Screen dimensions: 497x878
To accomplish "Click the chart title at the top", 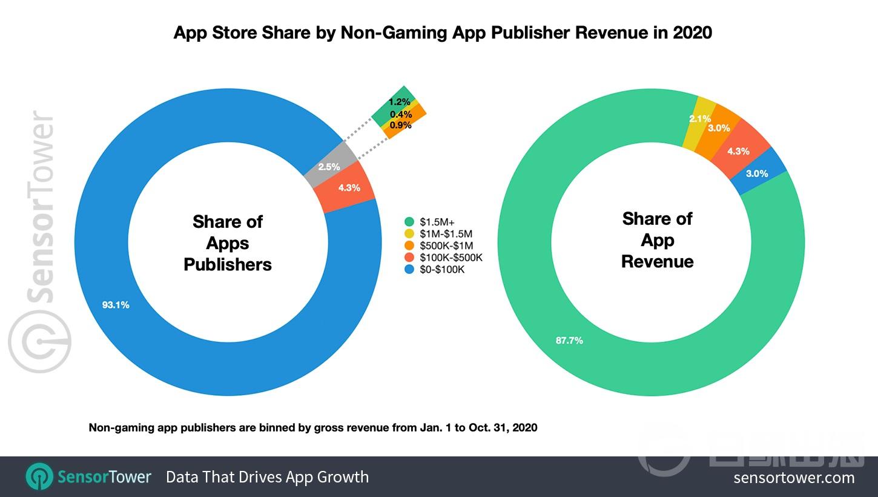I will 443,32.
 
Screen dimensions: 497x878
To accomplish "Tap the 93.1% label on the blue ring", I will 115,305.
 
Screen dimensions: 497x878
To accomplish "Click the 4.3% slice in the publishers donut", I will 349,188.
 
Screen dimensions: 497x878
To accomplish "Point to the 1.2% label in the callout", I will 399,102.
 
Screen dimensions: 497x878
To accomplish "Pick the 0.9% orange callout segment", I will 401,125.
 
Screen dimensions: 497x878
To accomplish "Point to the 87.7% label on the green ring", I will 569,340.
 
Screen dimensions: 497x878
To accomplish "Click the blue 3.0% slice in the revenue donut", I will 757,173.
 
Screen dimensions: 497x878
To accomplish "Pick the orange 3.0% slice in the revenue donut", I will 720,128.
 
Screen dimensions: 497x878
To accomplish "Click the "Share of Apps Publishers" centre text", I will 228,243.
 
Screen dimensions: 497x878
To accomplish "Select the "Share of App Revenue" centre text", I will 657,240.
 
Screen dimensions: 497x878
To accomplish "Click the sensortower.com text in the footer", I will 794,477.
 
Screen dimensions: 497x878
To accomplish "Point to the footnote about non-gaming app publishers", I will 313,427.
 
